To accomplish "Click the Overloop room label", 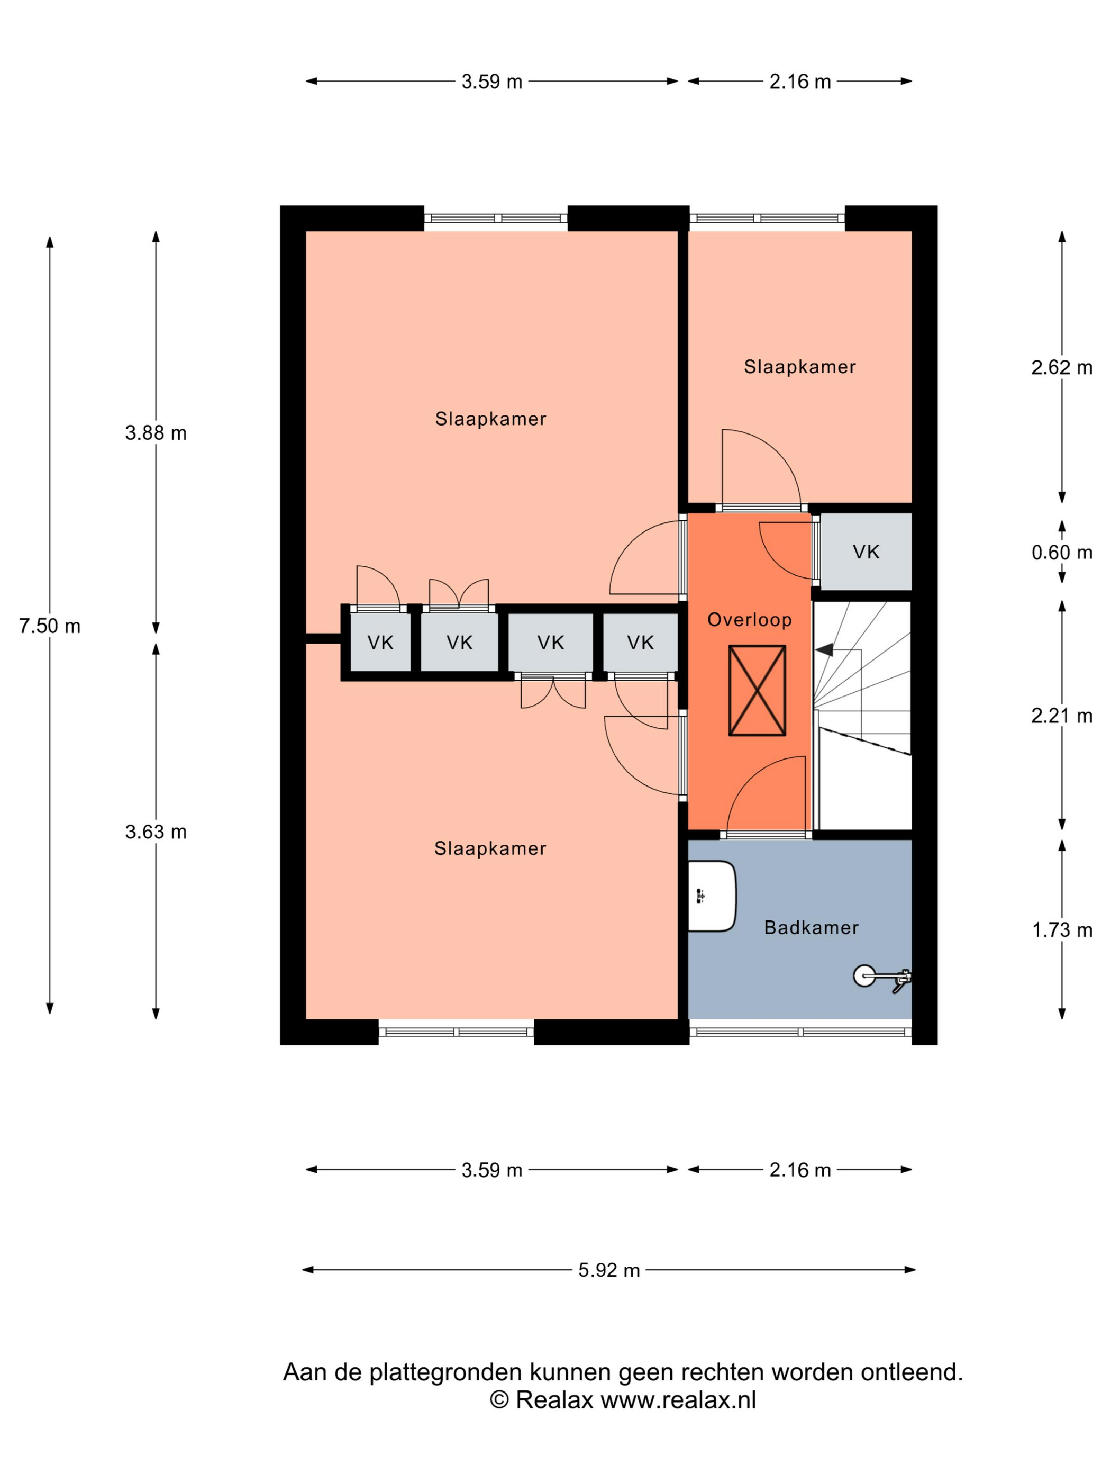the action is [749, 620].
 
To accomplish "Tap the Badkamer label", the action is [811, 927].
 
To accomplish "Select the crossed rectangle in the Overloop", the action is [757, 690].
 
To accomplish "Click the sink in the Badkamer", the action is [712, 896].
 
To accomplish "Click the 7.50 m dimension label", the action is [50, 626].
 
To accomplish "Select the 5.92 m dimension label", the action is [609, 1270].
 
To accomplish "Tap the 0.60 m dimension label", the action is [1061, 552].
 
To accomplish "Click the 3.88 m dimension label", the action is [156, 433].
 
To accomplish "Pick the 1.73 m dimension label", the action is [1061, 930].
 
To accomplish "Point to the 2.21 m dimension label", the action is [1061, 716].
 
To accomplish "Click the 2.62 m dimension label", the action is [1061, 367].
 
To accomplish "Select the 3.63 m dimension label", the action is [156, 832].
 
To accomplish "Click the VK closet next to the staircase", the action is [866, 552].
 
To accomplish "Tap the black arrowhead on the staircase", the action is [824, 649].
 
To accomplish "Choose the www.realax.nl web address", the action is [678, 1400].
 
